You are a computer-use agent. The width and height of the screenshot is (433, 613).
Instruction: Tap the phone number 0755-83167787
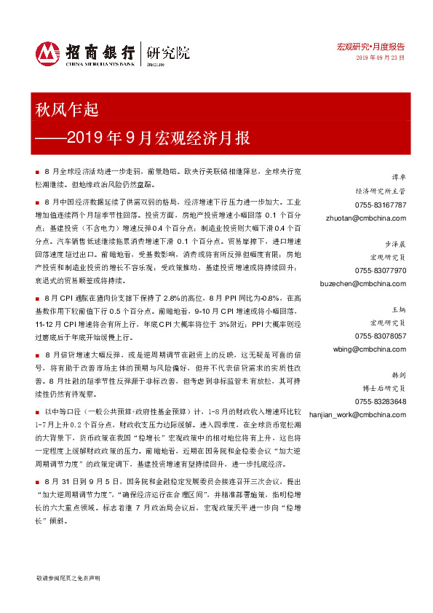tap(381, 205)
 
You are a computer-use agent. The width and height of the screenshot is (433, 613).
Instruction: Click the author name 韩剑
tap(399, 375)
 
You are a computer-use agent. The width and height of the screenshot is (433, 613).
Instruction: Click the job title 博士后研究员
tap(386, 389)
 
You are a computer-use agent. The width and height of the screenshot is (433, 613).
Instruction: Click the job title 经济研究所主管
tap(384, 191)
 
